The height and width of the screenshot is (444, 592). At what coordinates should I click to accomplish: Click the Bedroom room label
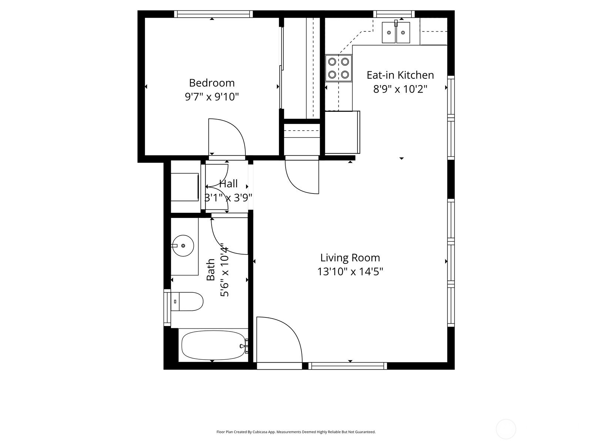212,83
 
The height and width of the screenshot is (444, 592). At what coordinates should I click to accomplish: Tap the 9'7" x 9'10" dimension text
212,97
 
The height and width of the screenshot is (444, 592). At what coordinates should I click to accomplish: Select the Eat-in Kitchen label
400,75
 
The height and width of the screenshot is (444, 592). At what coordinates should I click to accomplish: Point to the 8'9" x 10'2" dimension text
400,89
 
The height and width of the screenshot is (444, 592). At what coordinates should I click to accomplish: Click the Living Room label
350,258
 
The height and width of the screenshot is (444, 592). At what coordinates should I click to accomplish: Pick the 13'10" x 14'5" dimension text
350,272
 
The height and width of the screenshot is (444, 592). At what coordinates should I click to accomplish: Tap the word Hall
228,184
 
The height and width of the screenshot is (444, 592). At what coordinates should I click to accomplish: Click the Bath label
211,270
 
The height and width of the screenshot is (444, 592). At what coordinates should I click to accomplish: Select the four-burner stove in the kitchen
339,68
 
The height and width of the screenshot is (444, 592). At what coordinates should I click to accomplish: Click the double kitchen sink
396,32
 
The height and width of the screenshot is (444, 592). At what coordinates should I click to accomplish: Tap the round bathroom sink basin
183,246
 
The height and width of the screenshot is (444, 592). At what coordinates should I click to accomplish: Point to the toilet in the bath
186,302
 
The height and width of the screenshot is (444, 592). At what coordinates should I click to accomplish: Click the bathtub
213,345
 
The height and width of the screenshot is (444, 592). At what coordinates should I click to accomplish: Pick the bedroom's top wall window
213,14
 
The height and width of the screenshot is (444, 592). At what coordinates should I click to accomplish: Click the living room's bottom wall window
348,366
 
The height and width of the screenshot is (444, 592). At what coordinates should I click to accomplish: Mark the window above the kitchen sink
394,14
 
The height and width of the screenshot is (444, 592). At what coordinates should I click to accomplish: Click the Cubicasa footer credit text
296,432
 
